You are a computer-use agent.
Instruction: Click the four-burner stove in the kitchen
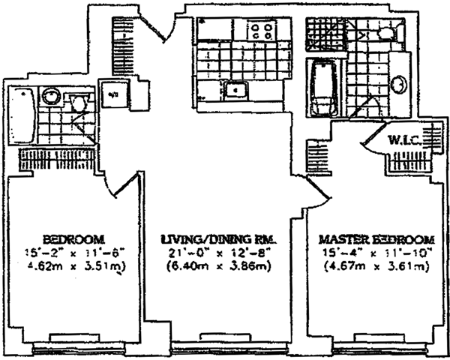pyautogui.click(x=262, y=32)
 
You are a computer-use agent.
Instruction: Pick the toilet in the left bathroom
pyautogui.click(x=78, y=103)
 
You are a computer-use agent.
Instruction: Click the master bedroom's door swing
pyautogui.click(x=317, y=190)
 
